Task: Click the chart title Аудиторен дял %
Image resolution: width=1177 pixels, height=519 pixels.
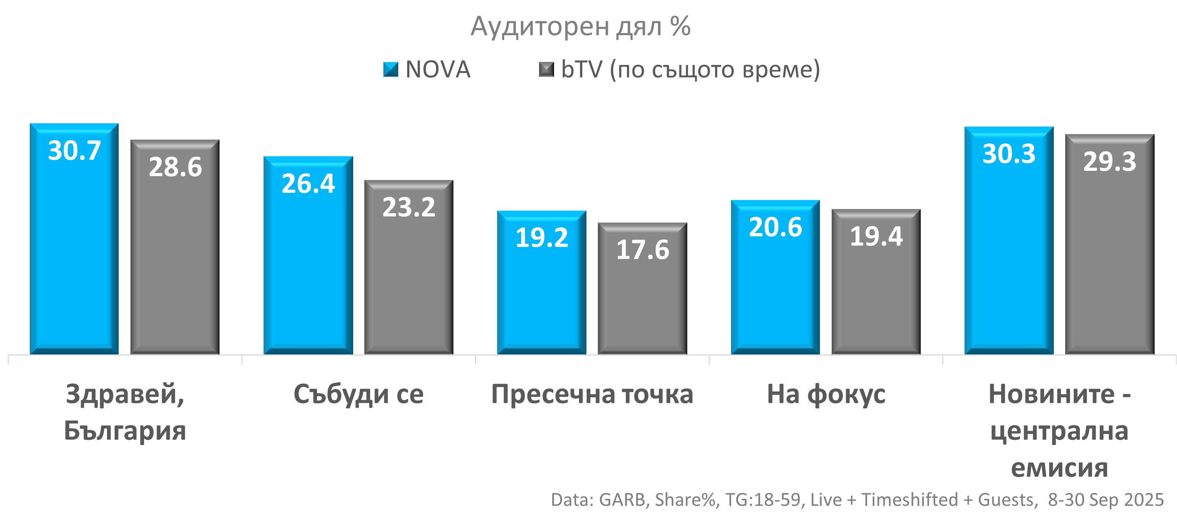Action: pyautogui.click(x=580, y=26)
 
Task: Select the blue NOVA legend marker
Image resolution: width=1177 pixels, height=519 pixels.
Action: pyautogui.click(x=391, y=70)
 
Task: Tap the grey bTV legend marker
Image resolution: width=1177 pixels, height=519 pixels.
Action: pyautogui.click(x=546, y=70)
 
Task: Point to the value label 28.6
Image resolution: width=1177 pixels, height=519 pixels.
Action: pyautogui.click(x=175, y=167)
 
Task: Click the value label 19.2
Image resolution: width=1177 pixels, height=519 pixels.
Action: pyautogui.click(x=542, y=238)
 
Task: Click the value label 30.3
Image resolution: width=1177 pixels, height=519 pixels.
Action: pyautogui.click(x=1009, y=154)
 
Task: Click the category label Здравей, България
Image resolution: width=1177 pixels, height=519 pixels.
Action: pyautogui.click(x=125, y=412)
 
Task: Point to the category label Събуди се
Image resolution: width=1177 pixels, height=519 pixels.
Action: pyautogui.click(x=358, y=394)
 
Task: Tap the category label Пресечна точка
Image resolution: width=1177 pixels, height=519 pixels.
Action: pyautogui.click(x=592, y=394)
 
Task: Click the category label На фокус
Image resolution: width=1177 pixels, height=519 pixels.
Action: pyautogui.click(x=826, y=394)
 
